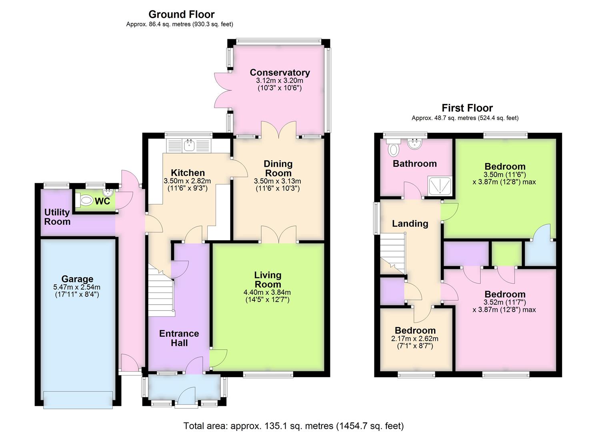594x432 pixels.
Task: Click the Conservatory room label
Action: click(280, 72)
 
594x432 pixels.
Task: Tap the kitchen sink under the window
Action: click(188, 146)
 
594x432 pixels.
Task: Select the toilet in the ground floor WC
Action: click(86, 200)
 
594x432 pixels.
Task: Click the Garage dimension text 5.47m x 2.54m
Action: click(77, 287)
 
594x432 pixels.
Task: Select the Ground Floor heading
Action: click(181, 14)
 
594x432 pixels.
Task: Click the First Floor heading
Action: click(467, 108)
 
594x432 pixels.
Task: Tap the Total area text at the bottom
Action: click(293, 426)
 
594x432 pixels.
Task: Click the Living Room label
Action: click(268, 280)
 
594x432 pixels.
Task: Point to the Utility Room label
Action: click(57, 217)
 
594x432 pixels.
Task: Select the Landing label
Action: click(410, 224)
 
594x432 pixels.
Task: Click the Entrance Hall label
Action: click(179, 338)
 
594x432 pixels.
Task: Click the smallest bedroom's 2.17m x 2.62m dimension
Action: click(414, 339)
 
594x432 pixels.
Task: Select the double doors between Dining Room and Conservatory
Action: click(279, 130)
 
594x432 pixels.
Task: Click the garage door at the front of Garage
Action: click(78, 399)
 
